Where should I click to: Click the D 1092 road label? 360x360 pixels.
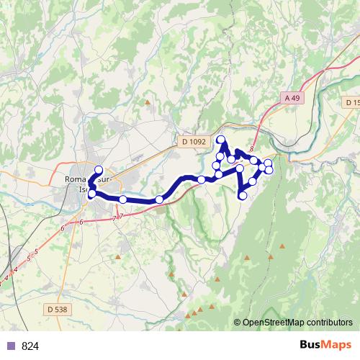[194, 143]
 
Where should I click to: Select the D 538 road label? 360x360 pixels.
[55, 309]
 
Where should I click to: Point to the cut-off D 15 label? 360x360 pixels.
[351, 103]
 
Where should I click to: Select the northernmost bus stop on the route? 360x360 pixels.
[221, 140]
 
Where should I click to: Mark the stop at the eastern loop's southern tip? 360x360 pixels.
[243, 195]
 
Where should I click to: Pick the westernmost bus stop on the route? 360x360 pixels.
[91, 193]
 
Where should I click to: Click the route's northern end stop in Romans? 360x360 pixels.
[99, 169]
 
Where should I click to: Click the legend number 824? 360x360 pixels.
[31, 346]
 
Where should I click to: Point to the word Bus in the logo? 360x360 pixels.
[312, 346]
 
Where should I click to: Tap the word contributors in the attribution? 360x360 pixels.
[331, 323]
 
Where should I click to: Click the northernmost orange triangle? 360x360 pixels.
[148, 102]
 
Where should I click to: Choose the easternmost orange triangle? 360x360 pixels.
[282, 247]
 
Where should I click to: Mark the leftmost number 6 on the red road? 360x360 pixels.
[63, 228]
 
